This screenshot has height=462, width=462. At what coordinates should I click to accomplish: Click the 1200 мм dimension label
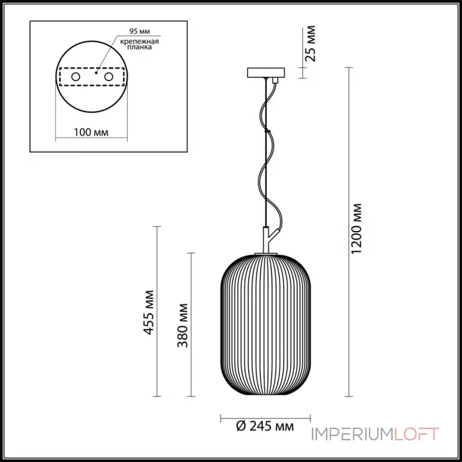click(x=356, y=229)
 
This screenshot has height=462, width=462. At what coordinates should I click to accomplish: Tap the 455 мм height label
click(x=149, y=312)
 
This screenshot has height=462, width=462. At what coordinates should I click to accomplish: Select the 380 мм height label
click(x=182, y=325)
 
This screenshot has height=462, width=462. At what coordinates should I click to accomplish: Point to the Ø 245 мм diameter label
click(x=265, y=426)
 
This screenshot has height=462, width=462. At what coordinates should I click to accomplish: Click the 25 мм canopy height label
click(x=310, y=44)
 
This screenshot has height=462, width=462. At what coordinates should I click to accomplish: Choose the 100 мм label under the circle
click(x=91, y=132)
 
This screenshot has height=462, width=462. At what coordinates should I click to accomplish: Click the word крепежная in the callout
click(x=140, y=41)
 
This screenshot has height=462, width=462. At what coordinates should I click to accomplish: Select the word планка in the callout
click(x=140, y=47)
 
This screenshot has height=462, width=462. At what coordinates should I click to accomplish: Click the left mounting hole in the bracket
click(x=76, y=77)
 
